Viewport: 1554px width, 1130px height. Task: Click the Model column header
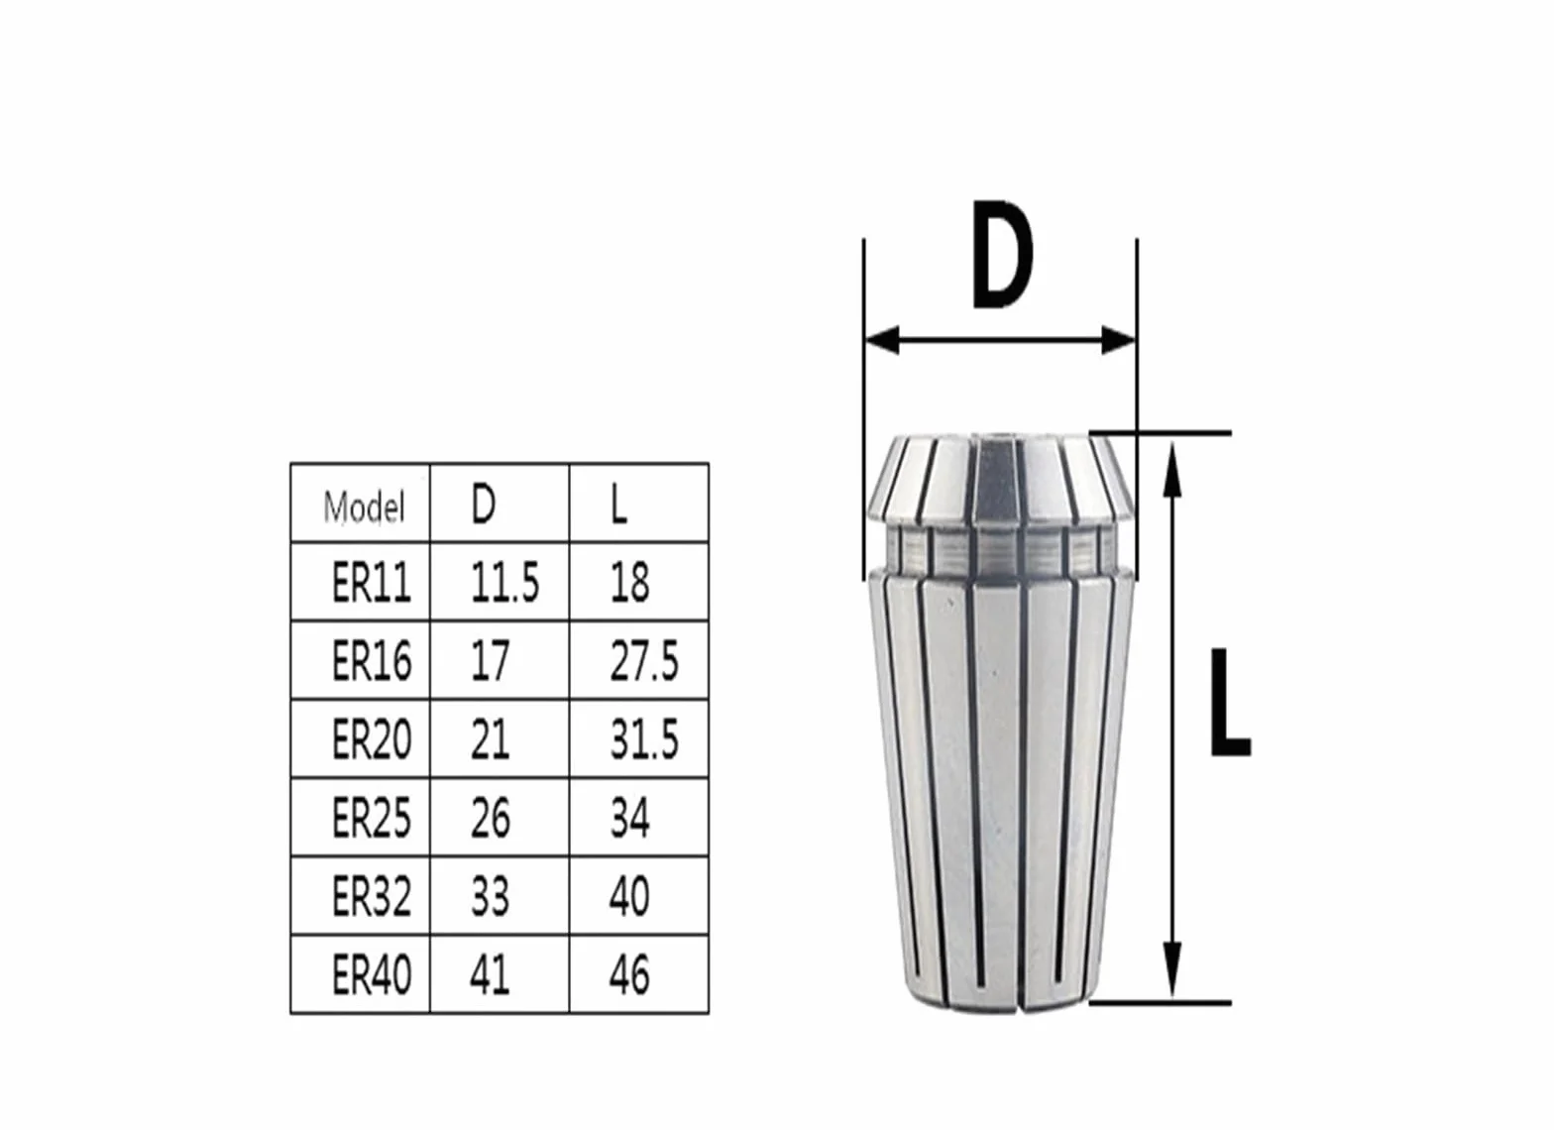tap(364, 508)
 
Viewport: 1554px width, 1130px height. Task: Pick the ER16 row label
tap(372, 660)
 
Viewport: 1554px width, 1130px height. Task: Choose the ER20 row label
tap(372, 738)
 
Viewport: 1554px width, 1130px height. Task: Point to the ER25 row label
tap(372, 817)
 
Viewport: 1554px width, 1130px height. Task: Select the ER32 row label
tap(372, 895)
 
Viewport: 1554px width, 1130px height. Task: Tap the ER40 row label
tap(372, 974)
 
